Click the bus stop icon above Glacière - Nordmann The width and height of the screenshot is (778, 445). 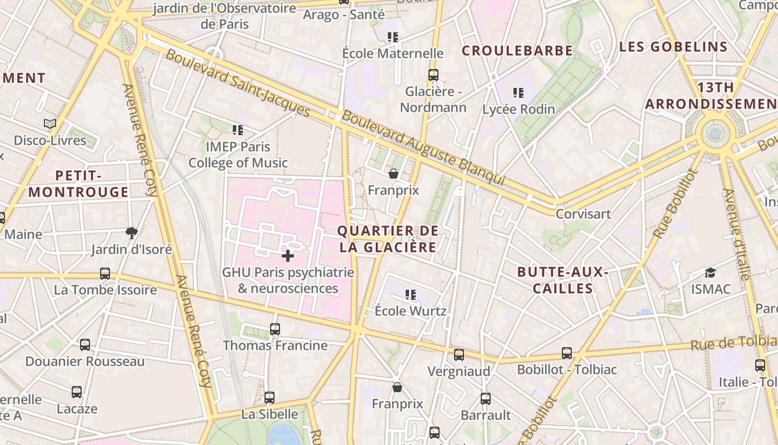pos(433,75)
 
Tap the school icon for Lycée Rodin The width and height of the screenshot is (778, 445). pos(518,93)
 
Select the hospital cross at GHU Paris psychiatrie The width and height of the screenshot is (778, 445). pos(288,256)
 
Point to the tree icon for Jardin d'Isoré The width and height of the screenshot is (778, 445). pos(132,233)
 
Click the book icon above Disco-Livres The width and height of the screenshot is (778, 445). pos(50,123)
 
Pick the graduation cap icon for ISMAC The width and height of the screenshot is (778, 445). pos(710,273)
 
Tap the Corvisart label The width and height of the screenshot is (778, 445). pos(583,214)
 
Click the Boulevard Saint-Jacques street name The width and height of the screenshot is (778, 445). pos(238,83)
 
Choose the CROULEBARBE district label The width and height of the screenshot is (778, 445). pos(517,51)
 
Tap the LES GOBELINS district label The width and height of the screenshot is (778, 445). pos(673,47)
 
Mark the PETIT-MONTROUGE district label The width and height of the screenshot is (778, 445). pos(78,184)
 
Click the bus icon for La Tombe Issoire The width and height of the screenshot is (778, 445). pos(105,274)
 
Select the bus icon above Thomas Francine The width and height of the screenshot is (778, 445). pos(275,329)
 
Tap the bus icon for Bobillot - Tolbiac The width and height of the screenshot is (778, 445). pos(567,353)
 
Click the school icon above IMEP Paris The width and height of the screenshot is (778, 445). pos(238,130)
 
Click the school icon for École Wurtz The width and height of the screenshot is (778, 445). pos(411,295)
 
